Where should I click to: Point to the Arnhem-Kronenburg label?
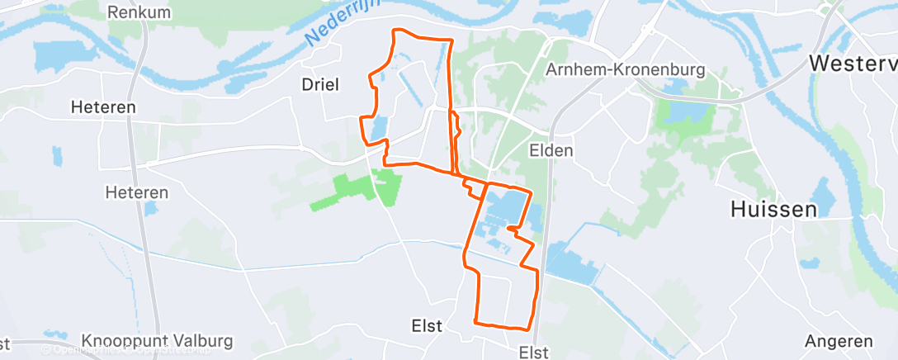pos(626,69)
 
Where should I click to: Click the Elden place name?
pos(551,150)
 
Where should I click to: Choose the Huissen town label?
pos(773,209)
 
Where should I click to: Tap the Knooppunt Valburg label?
pos(158,340)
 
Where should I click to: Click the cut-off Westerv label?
pos(853,63)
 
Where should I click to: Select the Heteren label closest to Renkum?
pos(103,107)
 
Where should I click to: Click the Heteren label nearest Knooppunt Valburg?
pos(136,192)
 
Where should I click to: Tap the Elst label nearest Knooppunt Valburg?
pos(428,326)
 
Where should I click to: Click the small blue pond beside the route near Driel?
pos(379,129)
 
